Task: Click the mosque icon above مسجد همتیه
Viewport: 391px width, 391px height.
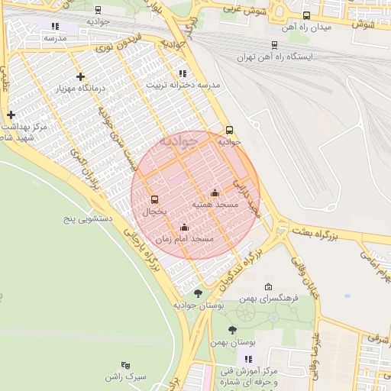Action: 215,192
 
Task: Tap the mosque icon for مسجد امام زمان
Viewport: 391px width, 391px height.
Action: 184,227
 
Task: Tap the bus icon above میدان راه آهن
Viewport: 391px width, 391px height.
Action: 306,15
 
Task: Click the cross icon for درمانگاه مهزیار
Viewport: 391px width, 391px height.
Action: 81,76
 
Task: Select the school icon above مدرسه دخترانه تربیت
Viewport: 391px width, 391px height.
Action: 182,73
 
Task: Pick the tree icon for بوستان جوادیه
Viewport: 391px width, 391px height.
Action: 199,292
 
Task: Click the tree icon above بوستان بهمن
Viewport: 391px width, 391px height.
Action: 232,330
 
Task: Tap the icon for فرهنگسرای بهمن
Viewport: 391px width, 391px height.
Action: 268,286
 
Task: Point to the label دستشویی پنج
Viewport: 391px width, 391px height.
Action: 87,220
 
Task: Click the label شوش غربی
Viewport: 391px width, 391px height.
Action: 244,8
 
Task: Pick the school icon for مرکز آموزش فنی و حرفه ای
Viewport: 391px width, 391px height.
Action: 248,359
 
